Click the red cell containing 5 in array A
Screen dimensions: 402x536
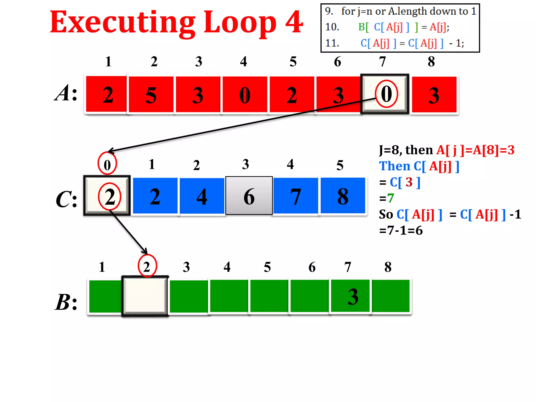click(151, 95)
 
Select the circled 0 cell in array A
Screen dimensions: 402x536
click(385, 94)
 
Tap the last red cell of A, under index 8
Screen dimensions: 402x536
click(434, 95)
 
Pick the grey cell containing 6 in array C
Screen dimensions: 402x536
click(249, 196)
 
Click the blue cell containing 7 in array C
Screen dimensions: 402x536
click(296, 196)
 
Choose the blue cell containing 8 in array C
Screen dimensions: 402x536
click(343, 196)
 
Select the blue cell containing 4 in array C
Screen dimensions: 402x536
click(202, 196)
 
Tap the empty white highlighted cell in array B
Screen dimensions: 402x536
click(145, 296)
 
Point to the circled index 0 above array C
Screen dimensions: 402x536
click(107, 164)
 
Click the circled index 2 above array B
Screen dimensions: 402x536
click(147, 266)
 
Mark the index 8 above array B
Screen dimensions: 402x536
click(388, 267)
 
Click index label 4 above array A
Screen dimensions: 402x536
click(244, 62)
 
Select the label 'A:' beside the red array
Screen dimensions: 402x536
click(66, 93)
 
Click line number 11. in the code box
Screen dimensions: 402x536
click(332, 43)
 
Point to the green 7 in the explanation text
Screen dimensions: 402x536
click(391, 198)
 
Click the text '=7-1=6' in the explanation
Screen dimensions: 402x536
click(401, 231)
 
